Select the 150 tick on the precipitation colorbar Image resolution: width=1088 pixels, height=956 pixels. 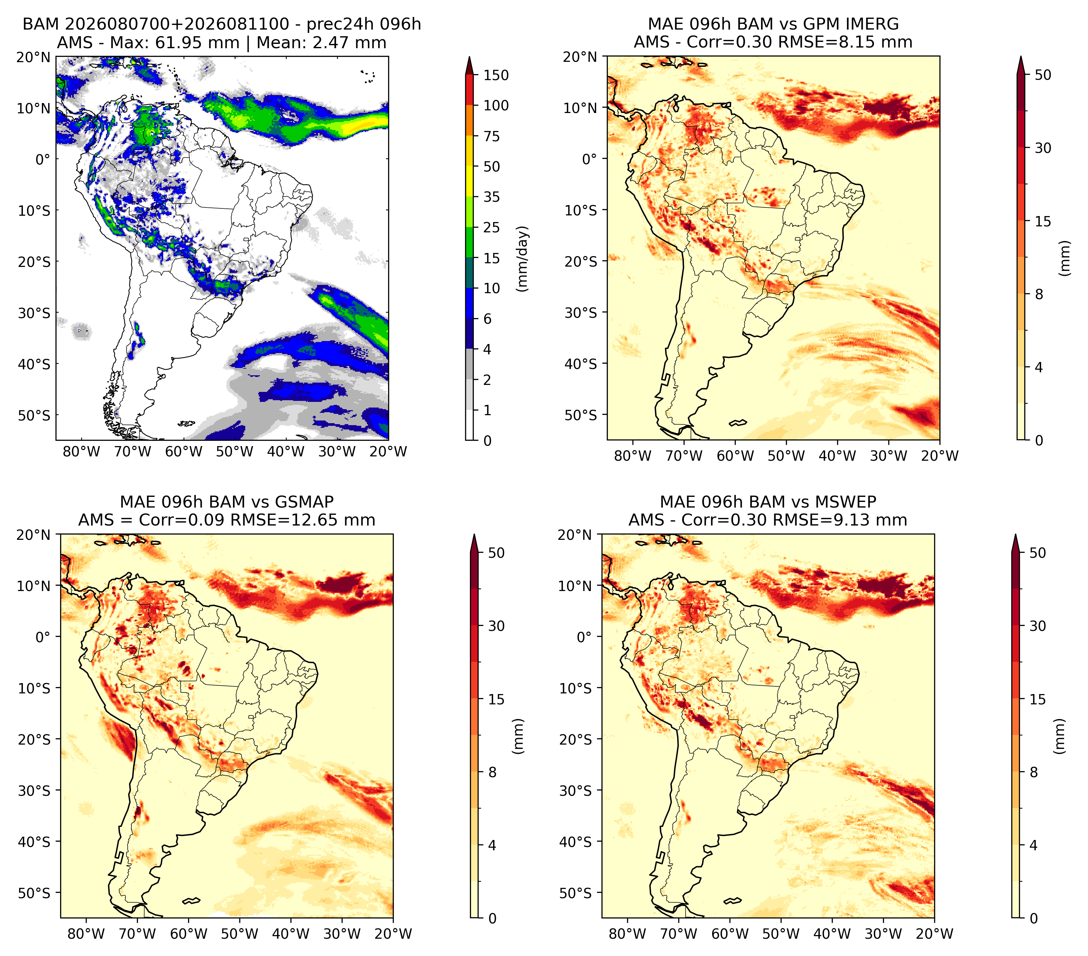coord(495,75)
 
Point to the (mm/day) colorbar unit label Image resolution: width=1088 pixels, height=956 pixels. coord(523,259)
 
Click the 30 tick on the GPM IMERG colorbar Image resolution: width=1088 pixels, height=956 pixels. coord(1043,148)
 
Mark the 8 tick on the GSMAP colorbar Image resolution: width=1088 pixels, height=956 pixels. coord(492,772)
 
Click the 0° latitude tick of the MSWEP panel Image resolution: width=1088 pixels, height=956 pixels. coord(584,637)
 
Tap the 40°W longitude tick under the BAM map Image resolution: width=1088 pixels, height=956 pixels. coord(286,452)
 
